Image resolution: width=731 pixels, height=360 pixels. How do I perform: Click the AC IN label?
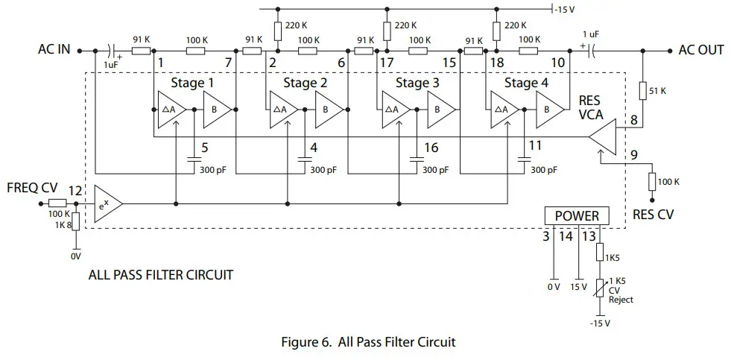(54, 50)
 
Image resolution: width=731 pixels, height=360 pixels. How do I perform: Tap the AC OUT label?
(700, 50)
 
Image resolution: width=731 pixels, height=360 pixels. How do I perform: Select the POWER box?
(577, 216)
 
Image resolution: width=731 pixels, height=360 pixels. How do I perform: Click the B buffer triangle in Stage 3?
(440, 110)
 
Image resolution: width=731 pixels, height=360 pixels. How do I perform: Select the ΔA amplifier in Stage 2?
(282, 110)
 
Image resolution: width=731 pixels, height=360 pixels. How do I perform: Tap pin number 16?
(431, 148)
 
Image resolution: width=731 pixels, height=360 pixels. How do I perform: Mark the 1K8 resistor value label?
(65, 224)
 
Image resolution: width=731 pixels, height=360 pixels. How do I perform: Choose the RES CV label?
(653, 214)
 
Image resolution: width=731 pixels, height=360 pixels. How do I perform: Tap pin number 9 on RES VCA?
(634, 156)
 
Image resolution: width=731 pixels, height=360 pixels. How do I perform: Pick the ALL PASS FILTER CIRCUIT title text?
(160, 275)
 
